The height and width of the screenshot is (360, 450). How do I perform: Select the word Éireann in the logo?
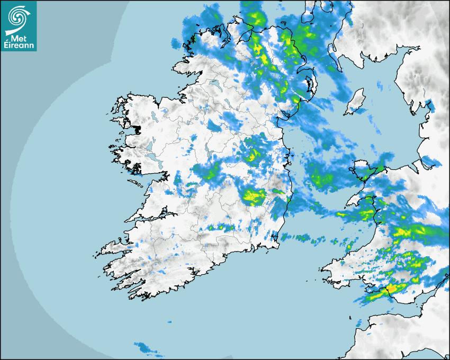point(19,46)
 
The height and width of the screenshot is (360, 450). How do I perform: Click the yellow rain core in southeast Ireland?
point(254,196)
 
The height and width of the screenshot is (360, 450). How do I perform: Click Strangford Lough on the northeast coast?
point(311,85)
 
